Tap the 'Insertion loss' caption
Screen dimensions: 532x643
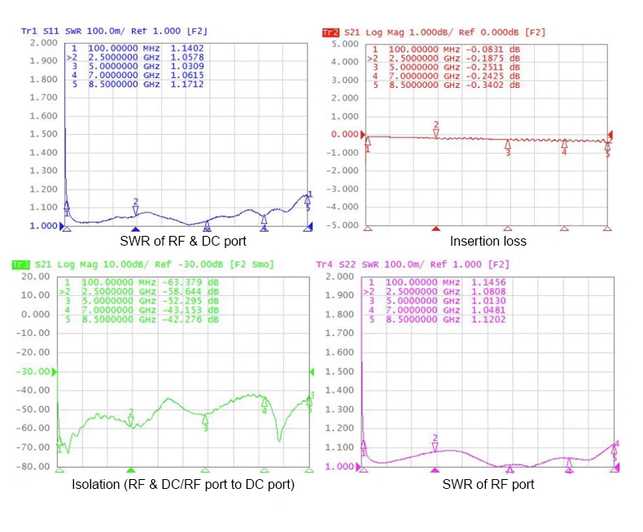488,241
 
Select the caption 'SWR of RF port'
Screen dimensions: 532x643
488,485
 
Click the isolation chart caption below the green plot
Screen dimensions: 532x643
183,485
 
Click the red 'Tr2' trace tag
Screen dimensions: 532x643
330,33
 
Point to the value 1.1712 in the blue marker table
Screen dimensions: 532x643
186,84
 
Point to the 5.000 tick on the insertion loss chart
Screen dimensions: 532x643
344,44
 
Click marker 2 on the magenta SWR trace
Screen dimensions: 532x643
435,446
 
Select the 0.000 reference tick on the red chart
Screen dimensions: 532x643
344,134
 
